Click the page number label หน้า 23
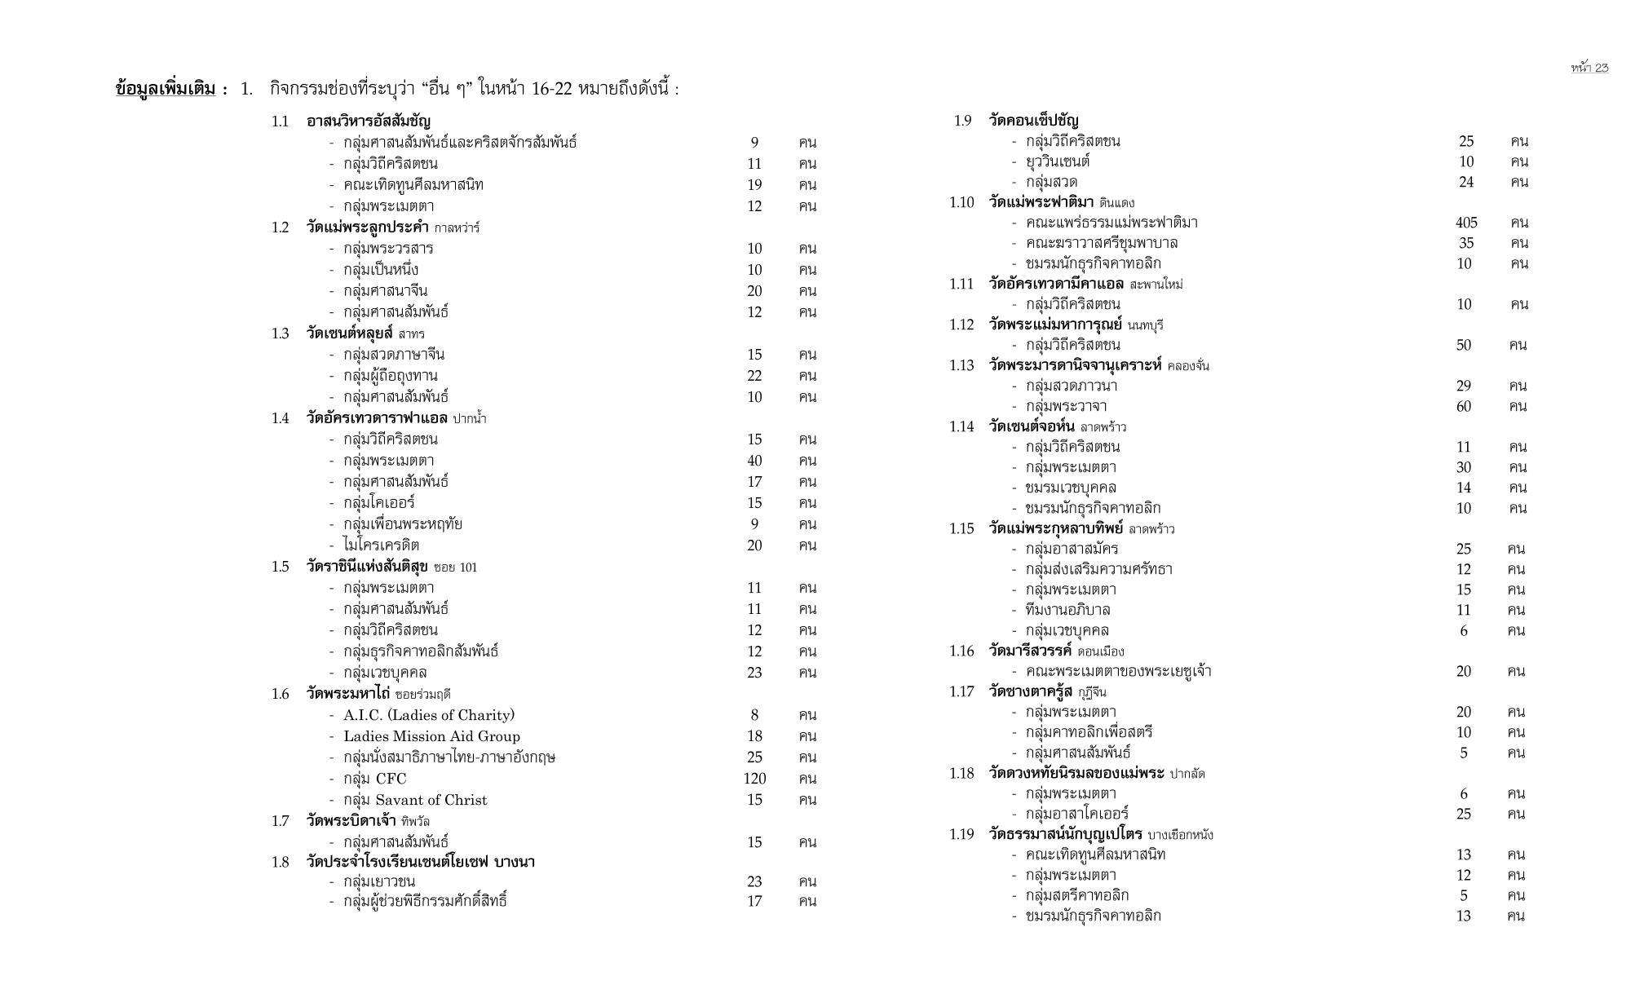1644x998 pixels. pos(1589,68)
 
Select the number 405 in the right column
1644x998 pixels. pos(1465,223)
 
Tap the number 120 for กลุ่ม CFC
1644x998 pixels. pos(754,779)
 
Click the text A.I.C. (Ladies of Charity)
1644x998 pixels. pos(429,715)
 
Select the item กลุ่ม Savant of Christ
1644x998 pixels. pos(415,800)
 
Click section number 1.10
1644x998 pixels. pos(961,202)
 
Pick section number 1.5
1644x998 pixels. pos(280,567)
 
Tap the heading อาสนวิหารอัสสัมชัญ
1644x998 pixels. pos(369,121)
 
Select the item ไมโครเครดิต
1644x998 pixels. pos(381,545)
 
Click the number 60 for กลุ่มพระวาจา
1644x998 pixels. pos(1464,406)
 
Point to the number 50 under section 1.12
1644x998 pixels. pos(1464,345)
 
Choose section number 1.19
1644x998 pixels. pos(961,834)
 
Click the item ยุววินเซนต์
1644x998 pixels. pos(1058,161)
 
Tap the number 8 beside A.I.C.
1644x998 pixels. pos(754,715)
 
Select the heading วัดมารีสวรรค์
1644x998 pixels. pos(1030,651)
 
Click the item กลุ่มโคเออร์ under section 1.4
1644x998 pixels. pos(379,503)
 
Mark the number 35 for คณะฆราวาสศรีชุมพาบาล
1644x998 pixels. pos(1465,243)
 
